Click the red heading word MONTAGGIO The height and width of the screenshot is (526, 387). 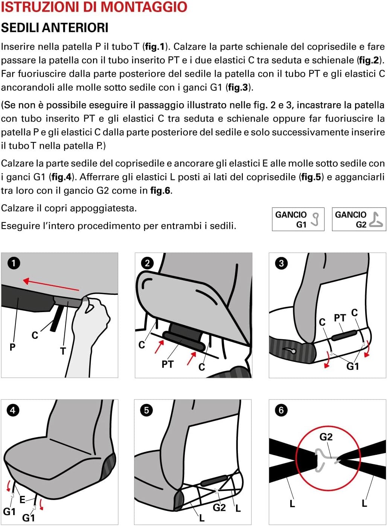(x=140, y=7)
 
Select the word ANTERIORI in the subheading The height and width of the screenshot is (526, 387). (x=75, y=28)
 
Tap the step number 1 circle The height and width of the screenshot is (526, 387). (x=14, y=263)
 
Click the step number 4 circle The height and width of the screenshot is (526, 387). (x=13, y=410)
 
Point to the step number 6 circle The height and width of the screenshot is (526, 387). (x=281, y=410)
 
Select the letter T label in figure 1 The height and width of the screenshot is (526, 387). (x=63, y=351)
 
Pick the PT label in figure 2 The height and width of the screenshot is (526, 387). (x=168, y=364)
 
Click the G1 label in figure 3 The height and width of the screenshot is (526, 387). (x=353, y=366)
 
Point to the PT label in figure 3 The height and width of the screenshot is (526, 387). (x=340, y=318)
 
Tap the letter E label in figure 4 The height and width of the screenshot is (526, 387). (x=22, y=500)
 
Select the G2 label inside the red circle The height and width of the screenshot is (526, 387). (x=326, y=437)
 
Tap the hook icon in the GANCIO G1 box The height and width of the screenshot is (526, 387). (x=315, y=219)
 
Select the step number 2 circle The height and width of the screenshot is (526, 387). (x=147, y=263)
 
